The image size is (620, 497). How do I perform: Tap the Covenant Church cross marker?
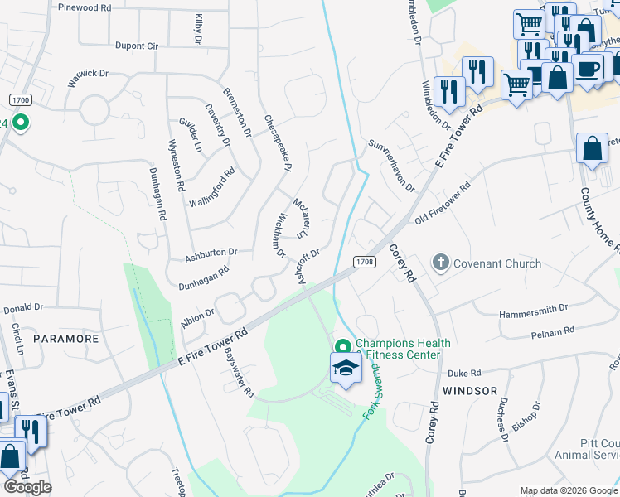440,263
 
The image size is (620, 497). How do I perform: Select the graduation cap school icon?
346,369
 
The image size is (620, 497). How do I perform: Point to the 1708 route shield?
365,262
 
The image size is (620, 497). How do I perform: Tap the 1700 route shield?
21,99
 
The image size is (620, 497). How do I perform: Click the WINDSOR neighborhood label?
470,390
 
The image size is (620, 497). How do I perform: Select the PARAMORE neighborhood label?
66,339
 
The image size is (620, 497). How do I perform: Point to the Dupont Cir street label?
137,46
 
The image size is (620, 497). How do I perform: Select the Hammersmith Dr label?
533,316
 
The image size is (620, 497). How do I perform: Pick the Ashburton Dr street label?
211,252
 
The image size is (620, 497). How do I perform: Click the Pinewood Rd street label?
85,7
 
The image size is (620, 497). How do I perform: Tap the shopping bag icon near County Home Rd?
592,149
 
